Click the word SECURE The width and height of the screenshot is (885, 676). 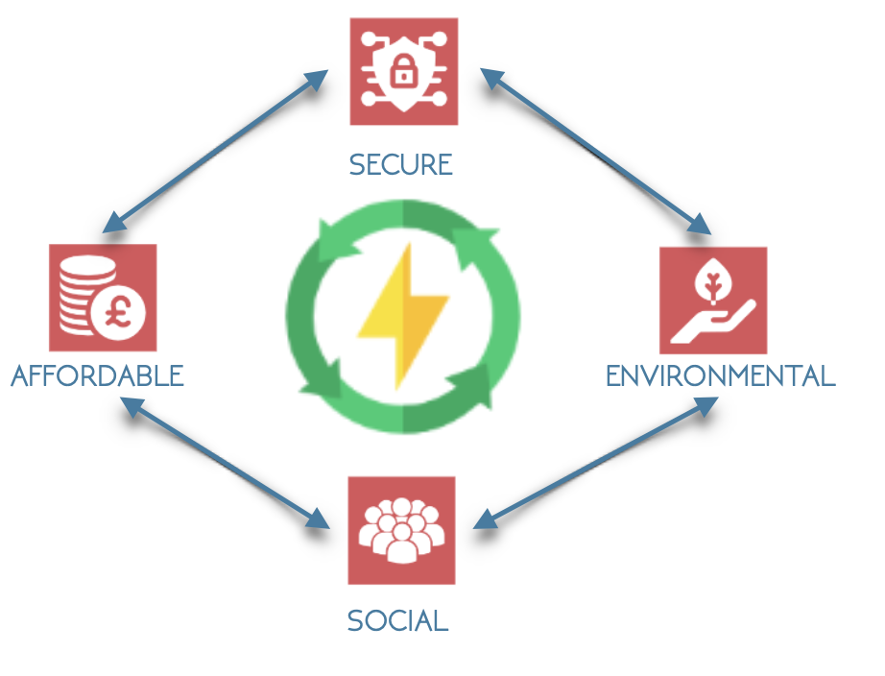click(400, 165)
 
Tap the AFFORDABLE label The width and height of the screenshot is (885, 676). click(97, 375)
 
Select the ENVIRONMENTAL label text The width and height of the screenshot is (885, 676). click(720, 375)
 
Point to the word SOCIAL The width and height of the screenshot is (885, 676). click(397, 620)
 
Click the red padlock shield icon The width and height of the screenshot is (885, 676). click(403, 70)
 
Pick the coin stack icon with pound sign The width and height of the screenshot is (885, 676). click(102, 298)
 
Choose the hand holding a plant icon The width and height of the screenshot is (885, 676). click(713, 301)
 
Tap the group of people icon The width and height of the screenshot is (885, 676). click(401, 530)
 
